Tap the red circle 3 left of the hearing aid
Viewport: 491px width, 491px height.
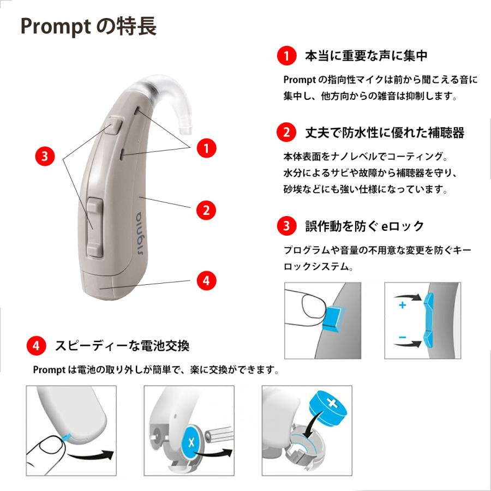tap(45, 156)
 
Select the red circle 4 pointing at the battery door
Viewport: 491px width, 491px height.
tap(206, 280)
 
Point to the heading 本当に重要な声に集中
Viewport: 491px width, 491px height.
tap(366, 56)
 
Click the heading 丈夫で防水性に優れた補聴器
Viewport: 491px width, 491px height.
tap(385, 133)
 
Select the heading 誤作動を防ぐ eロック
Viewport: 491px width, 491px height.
tap(364, 226)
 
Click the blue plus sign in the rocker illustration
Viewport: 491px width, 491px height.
tap(403, 306)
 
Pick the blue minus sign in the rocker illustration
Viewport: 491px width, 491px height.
tap(403, 338)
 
